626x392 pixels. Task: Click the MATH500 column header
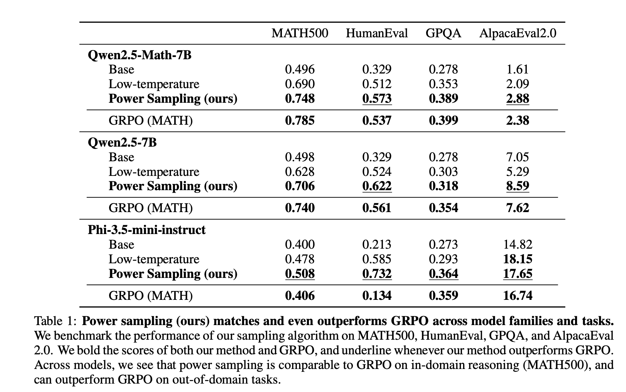pos(299,33)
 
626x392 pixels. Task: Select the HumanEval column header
pos(376,33)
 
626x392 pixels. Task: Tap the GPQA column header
pos(443,33)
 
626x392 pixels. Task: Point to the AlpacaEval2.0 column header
pos(517,33)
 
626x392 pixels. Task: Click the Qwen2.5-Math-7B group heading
pos(139,55)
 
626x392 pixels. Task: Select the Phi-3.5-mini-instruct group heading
pos(146,230)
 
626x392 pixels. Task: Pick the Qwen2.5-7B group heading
pos(122,142)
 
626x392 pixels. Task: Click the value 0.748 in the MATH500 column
pos(299,98)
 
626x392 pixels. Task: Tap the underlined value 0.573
pos(377,98)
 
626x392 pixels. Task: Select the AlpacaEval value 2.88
pos(517,98)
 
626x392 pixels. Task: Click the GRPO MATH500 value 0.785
pos(299,120)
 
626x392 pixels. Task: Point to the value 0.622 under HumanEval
pos(377,186)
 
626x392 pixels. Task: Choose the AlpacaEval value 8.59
pos(517,186)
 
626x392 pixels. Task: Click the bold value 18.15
pos(517,259)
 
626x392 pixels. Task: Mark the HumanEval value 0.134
pos(377,295)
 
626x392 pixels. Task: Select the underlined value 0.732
pos(377,274)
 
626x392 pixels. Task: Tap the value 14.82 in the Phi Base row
pos(517,244)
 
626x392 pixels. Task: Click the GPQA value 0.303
pos(443,171)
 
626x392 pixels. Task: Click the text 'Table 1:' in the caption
pos(55,321)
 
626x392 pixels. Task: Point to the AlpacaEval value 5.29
pos(517,171)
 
